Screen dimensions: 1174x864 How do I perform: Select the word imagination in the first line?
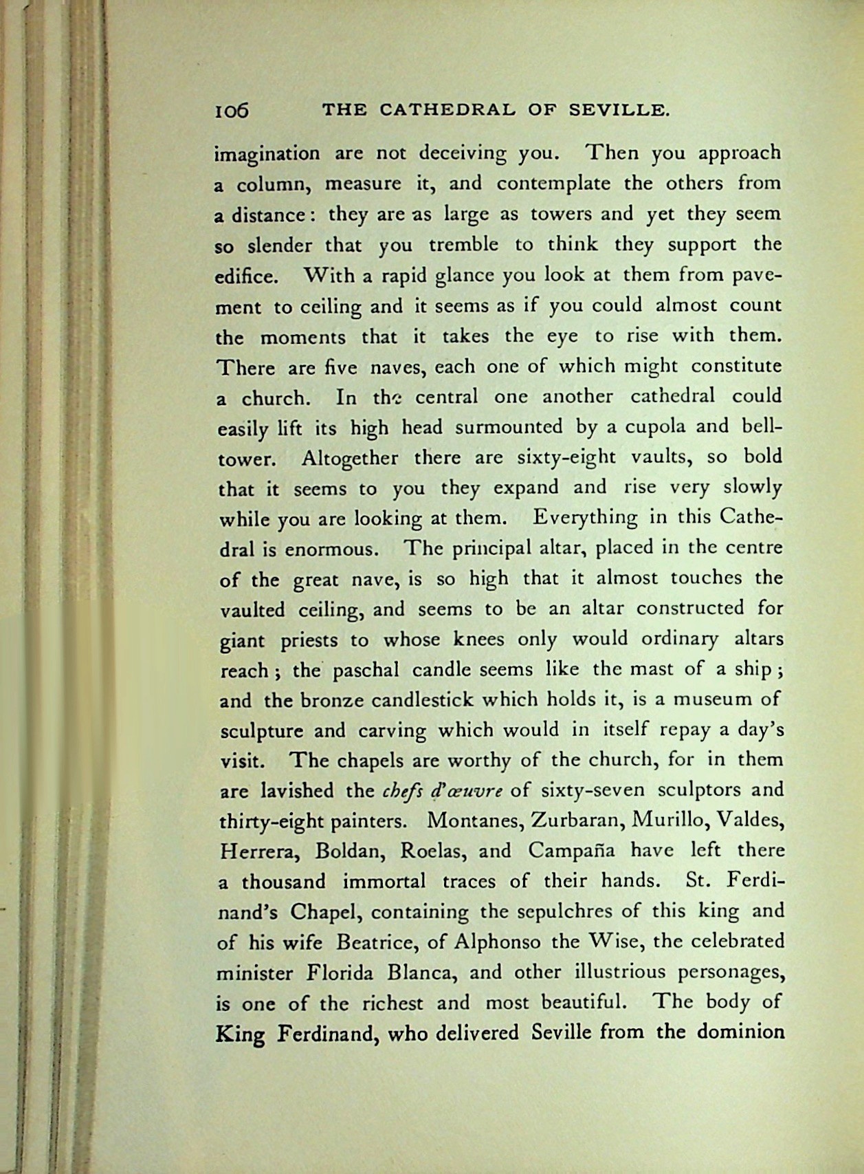(268, 154)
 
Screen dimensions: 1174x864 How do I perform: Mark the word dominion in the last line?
(741, 1032)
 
